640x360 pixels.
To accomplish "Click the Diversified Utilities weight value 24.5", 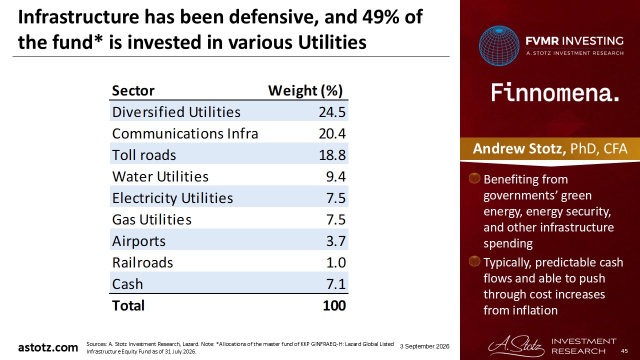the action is coord(332,112).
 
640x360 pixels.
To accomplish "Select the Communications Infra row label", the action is coord(185,133).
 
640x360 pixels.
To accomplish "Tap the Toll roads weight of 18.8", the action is coord(332,155).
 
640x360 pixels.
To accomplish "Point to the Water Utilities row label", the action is coord(160,176).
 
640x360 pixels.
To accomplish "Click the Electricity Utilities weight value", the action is coord(336,198).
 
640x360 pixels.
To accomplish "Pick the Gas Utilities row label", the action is coord(151,219).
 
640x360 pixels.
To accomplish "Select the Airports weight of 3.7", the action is coord(336,241).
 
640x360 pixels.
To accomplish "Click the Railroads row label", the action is coord(142,262).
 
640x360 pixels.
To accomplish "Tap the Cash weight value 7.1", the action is coord(336,284).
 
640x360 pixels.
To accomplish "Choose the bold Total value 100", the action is coord(334,305).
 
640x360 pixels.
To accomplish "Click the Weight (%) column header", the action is coord(305,91).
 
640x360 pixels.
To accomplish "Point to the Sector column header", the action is coord(133,91).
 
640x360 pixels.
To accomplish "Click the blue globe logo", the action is coord(499,45).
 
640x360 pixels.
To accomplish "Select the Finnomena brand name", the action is coord(555,92).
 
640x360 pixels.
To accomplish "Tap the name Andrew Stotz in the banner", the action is coord(519,148).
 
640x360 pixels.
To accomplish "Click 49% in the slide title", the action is coord(380,17).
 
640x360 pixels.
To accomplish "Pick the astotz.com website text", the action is coord(48,347).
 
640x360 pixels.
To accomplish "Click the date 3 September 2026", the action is coord(424,346).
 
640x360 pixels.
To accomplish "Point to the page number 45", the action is coord(624,351).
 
